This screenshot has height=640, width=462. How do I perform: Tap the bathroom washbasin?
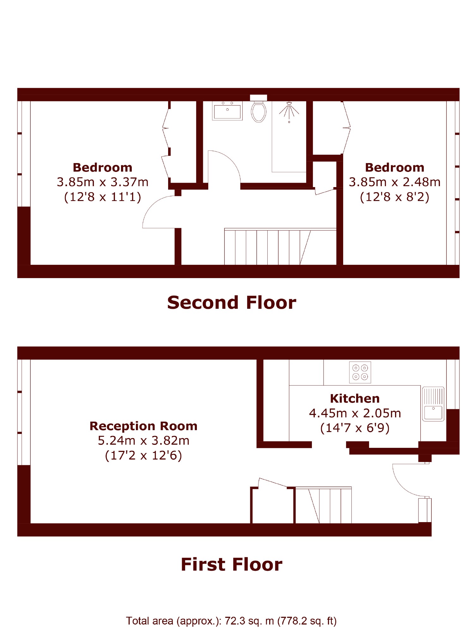(x=227, y=111)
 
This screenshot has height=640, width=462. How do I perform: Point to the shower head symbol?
(x=289, y=111)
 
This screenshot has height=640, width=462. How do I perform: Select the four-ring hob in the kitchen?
(x=360, y=372)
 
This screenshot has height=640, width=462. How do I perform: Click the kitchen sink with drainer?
(x=433, y=404)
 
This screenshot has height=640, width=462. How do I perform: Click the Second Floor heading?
(x=232, y=302)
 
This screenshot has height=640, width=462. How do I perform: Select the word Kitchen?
(x=355, y=399)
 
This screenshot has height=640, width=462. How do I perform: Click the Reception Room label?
(x=143, y=426)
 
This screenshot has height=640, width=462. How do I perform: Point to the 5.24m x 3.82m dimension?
(x=143, y=441)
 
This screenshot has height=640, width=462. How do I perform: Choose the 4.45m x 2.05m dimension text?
(x=355, y=413)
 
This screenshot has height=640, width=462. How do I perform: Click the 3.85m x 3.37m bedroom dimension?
(x=102, y=182)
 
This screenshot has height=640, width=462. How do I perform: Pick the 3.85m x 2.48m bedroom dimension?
(x=394, y=182)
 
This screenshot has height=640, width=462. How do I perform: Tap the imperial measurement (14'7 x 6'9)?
(x=355, y=428)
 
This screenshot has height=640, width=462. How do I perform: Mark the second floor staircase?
(x=280, y=247)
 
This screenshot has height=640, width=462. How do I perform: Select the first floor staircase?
(x=323, y=505)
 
